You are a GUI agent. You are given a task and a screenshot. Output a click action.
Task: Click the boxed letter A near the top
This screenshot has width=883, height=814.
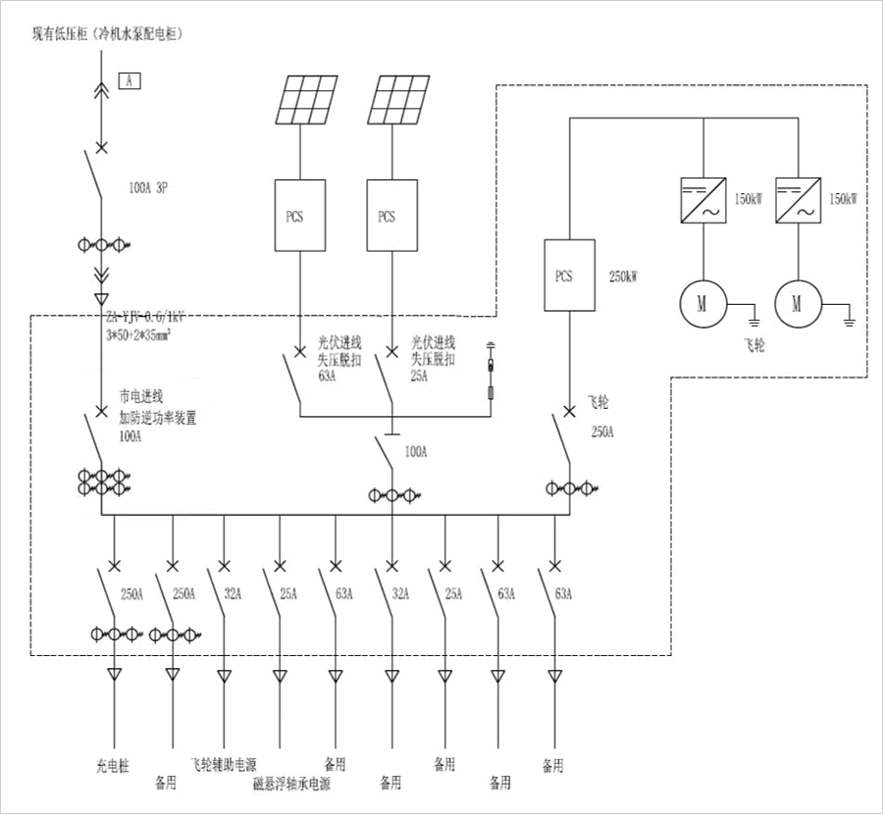(x=130, y=80)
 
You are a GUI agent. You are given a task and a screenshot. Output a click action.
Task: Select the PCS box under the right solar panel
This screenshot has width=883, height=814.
(x=387, y=215)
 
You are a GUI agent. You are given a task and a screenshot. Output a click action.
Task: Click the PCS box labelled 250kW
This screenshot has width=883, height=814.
(x=564, y=276)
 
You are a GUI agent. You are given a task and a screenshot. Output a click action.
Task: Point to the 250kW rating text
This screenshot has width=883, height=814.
(x=624, y=277)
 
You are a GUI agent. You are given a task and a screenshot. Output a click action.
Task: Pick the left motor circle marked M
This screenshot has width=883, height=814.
(x=701, y=303)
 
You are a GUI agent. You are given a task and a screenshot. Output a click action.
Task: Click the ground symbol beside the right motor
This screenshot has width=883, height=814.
(x=850, y=317)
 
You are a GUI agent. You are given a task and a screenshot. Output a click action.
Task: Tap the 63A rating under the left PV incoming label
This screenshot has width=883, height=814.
(x=327, y=375)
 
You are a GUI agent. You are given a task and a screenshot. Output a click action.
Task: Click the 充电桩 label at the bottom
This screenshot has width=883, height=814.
(x=115, y=764)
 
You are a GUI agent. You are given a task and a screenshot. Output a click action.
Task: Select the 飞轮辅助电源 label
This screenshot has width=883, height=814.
(x=224, y=764)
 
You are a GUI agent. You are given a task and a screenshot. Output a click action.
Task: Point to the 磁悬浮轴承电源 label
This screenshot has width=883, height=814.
(x=291, y=784)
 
